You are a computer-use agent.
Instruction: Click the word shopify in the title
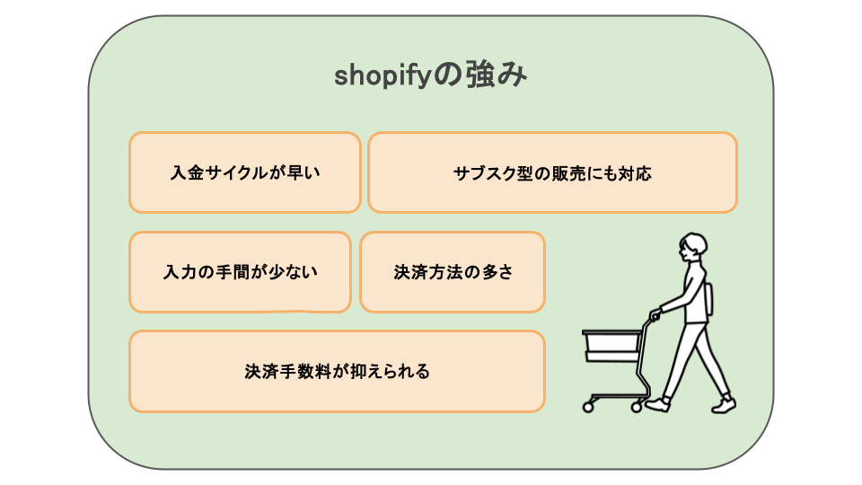[x=382, y=76]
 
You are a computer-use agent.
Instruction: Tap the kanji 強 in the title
[x=479, y=75]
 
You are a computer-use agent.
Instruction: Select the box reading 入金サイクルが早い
[x=245, y=172]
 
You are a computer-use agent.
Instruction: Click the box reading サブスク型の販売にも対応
[x=552, y=172]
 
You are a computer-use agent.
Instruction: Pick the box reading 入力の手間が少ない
[x=241, y=272]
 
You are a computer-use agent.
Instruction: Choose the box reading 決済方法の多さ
[x=453, y=272]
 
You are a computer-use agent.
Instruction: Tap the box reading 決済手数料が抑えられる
[x=337, y=371]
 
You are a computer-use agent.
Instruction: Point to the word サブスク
[x=484, y=173]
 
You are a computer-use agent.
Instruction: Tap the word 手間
[x=233, y=272]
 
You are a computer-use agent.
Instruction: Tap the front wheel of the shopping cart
[x=588, y=408]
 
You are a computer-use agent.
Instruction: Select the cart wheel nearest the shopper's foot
[x=638, y=408]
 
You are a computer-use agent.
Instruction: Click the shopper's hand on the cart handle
[x=655, y=315]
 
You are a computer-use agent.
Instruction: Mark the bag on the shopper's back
[x=709, y=298]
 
